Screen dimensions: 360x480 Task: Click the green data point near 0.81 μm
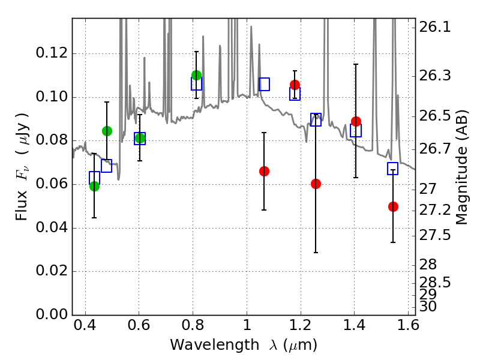pos(196,75)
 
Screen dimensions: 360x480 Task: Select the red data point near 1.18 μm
pos(295,85)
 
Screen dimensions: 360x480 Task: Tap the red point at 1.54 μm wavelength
pos(393,206)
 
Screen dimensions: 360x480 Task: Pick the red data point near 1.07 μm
pos(264,171)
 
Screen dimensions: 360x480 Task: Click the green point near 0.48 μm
pos(107,131)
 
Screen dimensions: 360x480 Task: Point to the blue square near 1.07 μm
pos(264,84)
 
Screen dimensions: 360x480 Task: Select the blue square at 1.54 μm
pos(393,169)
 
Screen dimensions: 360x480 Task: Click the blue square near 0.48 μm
pos(106,166)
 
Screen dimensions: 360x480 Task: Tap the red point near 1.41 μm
pos(356,121)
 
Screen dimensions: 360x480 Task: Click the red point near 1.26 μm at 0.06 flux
pos(316,184)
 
